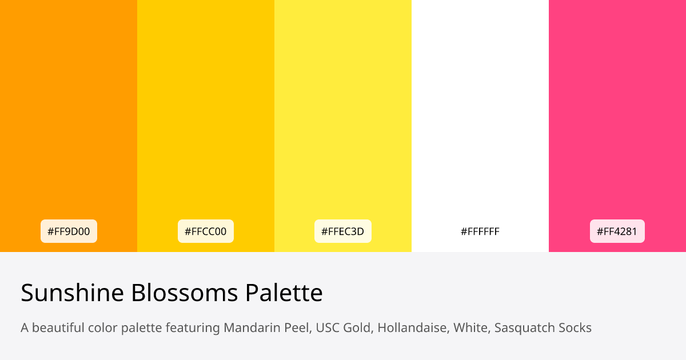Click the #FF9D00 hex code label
click(69, 231)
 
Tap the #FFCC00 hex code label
click(206, 231)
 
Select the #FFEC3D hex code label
click(343, 231)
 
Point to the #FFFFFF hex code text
click(480, 231)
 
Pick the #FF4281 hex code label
click(617, 231)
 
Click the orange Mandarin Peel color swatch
click(69, 114)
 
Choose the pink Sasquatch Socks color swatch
click(617, 114)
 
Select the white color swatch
click(480, 114)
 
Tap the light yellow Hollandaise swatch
click(343, 114)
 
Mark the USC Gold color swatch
click(206, 114)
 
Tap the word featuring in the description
click(192, 328)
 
